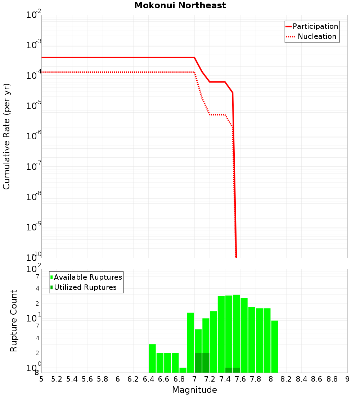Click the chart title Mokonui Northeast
pyautogui.click(x=180, y=5)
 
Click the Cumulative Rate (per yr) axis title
pyautogui.click(x=6, y=136)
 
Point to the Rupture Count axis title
pyautogui.click(x=14, y=321)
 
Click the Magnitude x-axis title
pyautogui.click(x=194, y=390)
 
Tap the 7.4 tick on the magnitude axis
pyautogui.click(x=225, y=379)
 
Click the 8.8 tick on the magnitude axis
pyautogui.click(x=332, y=379)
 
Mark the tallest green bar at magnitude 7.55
pyautogui.click(x=237, y=331)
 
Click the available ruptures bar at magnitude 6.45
pyautogui.click(x=152, y=358)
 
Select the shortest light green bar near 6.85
pyautogui.click(x=183, y=370)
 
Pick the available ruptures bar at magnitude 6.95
pyautogui.click(x=190, y=342)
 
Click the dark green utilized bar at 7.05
pyautogui.click(x=198, y=363)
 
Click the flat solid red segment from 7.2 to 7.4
pyautogui.click(x=217, y=82)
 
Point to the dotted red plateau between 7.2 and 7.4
pyautogui.click(x=217, y=115)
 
